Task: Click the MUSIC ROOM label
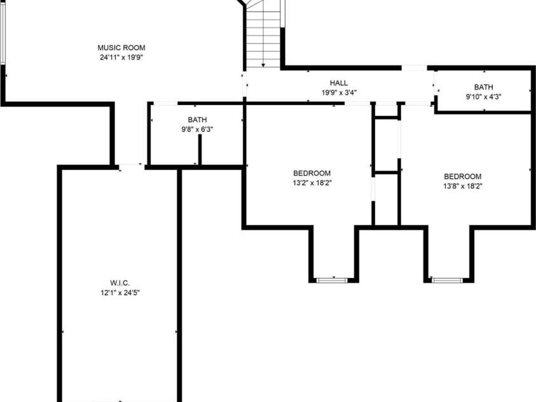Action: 121,48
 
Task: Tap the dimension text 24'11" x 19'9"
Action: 121,57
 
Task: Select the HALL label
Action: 339,83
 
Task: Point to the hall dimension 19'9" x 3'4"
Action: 339,93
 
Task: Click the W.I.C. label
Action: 120,283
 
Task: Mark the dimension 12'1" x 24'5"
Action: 120,293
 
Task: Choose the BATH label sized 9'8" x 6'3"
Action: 197,120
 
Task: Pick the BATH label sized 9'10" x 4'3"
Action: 483,87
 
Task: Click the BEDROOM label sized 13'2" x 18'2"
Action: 312,173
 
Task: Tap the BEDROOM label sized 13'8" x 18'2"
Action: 462,176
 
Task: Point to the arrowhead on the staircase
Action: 263,64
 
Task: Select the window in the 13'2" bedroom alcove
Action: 333,279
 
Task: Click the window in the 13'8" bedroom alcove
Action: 448,279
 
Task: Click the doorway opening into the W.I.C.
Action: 132,167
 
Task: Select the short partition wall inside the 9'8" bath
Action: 200,150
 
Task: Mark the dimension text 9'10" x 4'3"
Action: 483,97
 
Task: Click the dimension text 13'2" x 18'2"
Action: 312,183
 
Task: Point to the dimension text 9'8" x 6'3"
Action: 197,129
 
